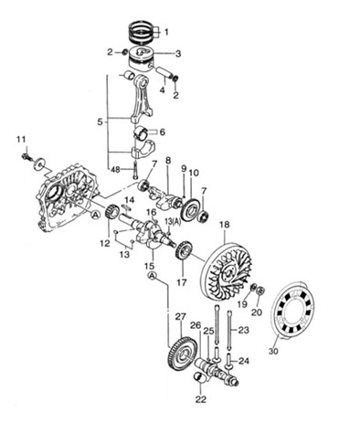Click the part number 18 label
(225, 226)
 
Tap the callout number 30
(273, 351)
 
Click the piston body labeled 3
(141, 59)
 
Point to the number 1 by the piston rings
(166, 32)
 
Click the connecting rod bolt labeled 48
(135, 170)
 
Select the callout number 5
(100, 122)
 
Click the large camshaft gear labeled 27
(183, 353)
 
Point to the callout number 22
(201, 399)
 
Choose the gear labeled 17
(184, 250)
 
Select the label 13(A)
(173, 221)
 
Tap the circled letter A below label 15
(152, 276)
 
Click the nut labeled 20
(260, 290)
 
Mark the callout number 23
(244, 330)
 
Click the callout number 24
(244, 361)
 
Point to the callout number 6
(162, 132)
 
